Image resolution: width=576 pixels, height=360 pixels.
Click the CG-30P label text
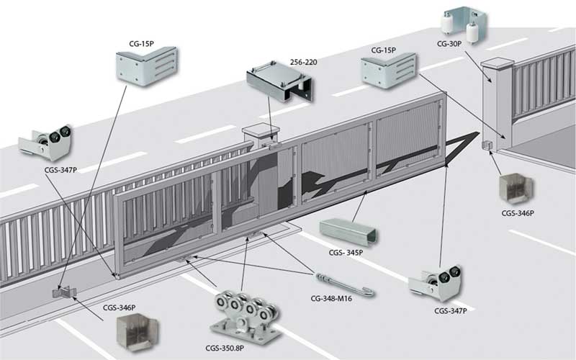click(x=449, y=44)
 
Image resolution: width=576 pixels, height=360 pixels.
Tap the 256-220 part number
click(x=303, y=62)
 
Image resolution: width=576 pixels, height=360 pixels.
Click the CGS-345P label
click(x=346, y=253)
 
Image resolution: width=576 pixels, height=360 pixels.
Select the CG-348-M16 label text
click(x=331, y=299)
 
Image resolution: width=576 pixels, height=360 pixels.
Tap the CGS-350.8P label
click(x=225, y=348)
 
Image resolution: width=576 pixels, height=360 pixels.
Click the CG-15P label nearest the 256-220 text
click(x=384, y=50)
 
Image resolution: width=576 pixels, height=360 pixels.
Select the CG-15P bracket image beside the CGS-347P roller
click(x=147, y=66)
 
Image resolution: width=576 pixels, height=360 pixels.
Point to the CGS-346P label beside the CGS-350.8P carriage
click(x=119, y=308)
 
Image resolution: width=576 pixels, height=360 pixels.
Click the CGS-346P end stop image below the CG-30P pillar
click(x=516, y=189)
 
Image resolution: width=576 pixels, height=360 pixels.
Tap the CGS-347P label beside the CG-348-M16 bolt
click(x=451, y=311)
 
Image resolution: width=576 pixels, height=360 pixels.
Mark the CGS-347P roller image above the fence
click(x=45, y=143)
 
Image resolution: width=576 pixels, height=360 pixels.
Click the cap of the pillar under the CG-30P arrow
click(x=496, y=65)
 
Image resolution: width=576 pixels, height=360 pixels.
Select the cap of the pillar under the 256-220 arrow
click(x=261, y=130)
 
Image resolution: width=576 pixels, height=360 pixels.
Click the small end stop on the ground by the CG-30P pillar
click(x=487, y=145)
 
